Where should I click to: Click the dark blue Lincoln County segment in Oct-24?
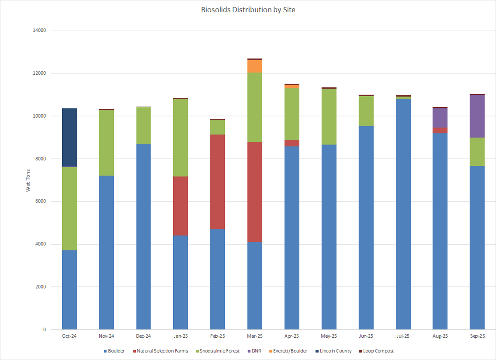click(x=69, y=137)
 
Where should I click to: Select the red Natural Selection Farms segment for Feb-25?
click(x=218, y=181)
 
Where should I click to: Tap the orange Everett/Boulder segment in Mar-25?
click(x=255, y=66)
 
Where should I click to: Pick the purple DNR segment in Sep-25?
click(x=477, y=116)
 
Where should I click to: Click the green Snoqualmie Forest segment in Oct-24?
click(x=69, y=208)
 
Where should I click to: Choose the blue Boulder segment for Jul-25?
click(x=403, y=214)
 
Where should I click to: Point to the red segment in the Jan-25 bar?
click(x=181, y=206)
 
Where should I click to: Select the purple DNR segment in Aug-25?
click(x=440, y=118)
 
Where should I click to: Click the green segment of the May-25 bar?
click(x=329, y=116)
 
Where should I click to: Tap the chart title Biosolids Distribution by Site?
click(x=248, y=10)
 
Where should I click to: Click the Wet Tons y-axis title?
click(x=28, y=180)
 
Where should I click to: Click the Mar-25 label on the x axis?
click(x=255, y=336)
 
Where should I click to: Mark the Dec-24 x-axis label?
click(x=143, y=336)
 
